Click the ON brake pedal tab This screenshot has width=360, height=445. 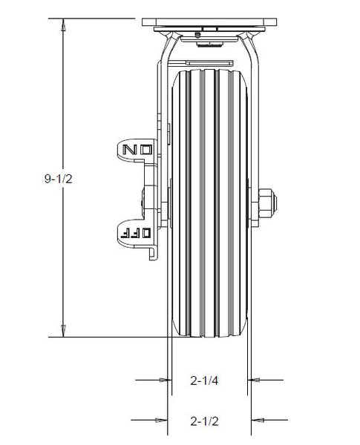137,149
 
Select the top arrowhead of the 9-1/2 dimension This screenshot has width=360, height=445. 65,27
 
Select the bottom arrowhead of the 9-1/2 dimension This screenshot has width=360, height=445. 65,331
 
